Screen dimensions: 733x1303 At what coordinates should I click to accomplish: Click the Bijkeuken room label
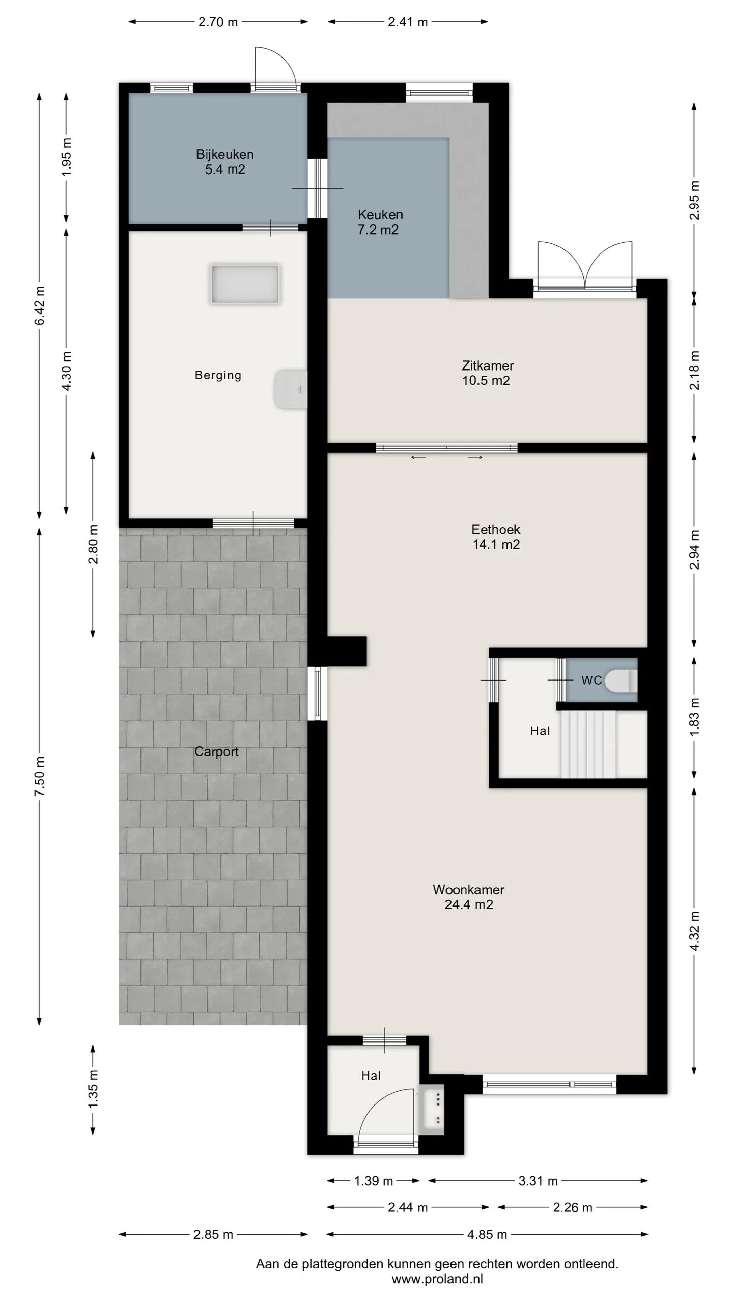(224, 162)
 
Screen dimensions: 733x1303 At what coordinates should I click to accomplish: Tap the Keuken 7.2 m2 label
(380, 222)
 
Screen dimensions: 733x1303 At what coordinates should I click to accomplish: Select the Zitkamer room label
(487, 373)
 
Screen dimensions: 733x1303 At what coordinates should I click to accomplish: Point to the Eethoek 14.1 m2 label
(496, 536)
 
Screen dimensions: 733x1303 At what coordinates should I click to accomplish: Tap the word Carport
(216, 751)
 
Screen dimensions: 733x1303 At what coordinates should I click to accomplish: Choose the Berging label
(218, 375)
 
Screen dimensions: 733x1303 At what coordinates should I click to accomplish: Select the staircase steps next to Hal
(588, 744)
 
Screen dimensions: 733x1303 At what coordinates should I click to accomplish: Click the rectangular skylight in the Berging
(245, 284)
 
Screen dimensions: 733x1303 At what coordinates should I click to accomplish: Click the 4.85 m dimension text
(487, 1234)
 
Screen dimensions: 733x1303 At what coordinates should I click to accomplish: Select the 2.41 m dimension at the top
(408, 22)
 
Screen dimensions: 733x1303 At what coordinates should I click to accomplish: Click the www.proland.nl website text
(437, 1279)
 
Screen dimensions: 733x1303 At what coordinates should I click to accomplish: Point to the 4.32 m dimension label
(695, 931)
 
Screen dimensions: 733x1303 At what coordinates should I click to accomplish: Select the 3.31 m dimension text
(538, 1181)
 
